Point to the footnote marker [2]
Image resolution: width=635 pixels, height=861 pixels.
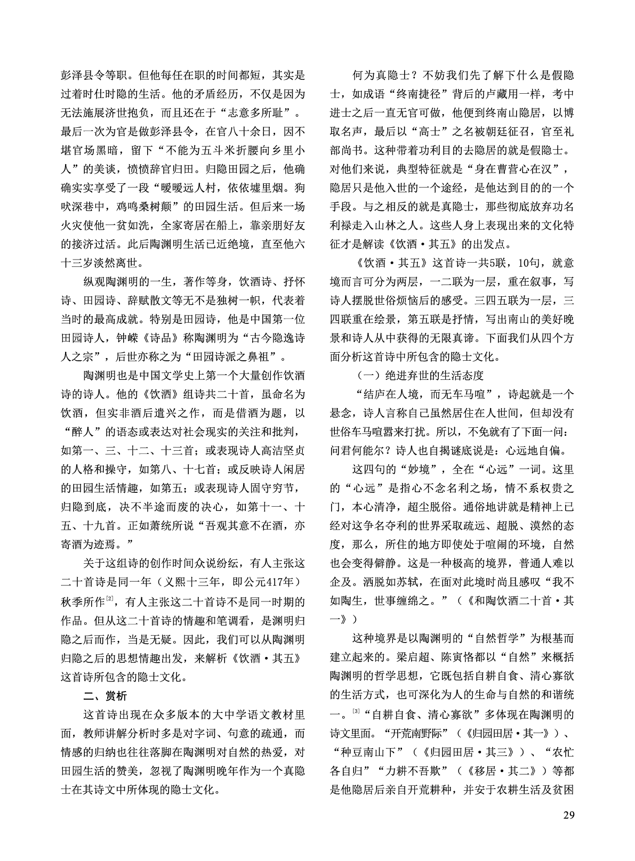tap(109, 599)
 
